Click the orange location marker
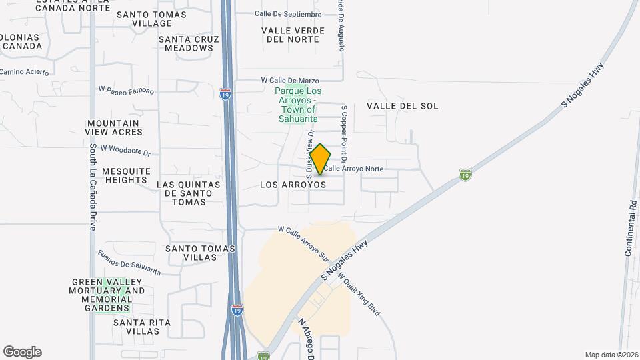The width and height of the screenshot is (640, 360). pos(320,159)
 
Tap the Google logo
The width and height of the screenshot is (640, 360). pos(22,352)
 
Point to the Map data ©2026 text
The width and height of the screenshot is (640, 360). pos(610,355)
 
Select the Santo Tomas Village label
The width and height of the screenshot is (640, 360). pos(143,19)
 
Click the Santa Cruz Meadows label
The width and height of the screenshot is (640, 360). pos(189,43)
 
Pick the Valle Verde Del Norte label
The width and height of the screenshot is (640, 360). pos(293,35)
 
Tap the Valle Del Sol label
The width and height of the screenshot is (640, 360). pos(403,106)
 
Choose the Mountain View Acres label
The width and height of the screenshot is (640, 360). pos(113,127)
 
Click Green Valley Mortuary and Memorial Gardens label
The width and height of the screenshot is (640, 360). pos(107,295)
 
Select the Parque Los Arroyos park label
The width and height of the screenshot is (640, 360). pos(297,105)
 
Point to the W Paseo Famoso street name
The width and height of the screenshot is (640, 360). pos(126,89)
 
